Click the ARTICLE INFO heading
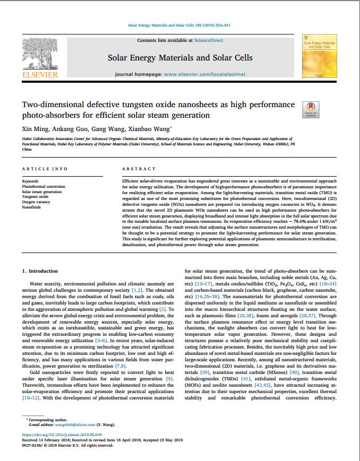click(x=45, y=169)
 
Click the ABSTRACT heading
click(x=139, y=169)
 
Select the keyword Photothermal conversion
click(x=44, y=187)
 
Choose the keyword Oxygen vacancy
click(x=36, y=201)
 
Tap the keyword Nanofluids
click(x=31, y=206)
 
